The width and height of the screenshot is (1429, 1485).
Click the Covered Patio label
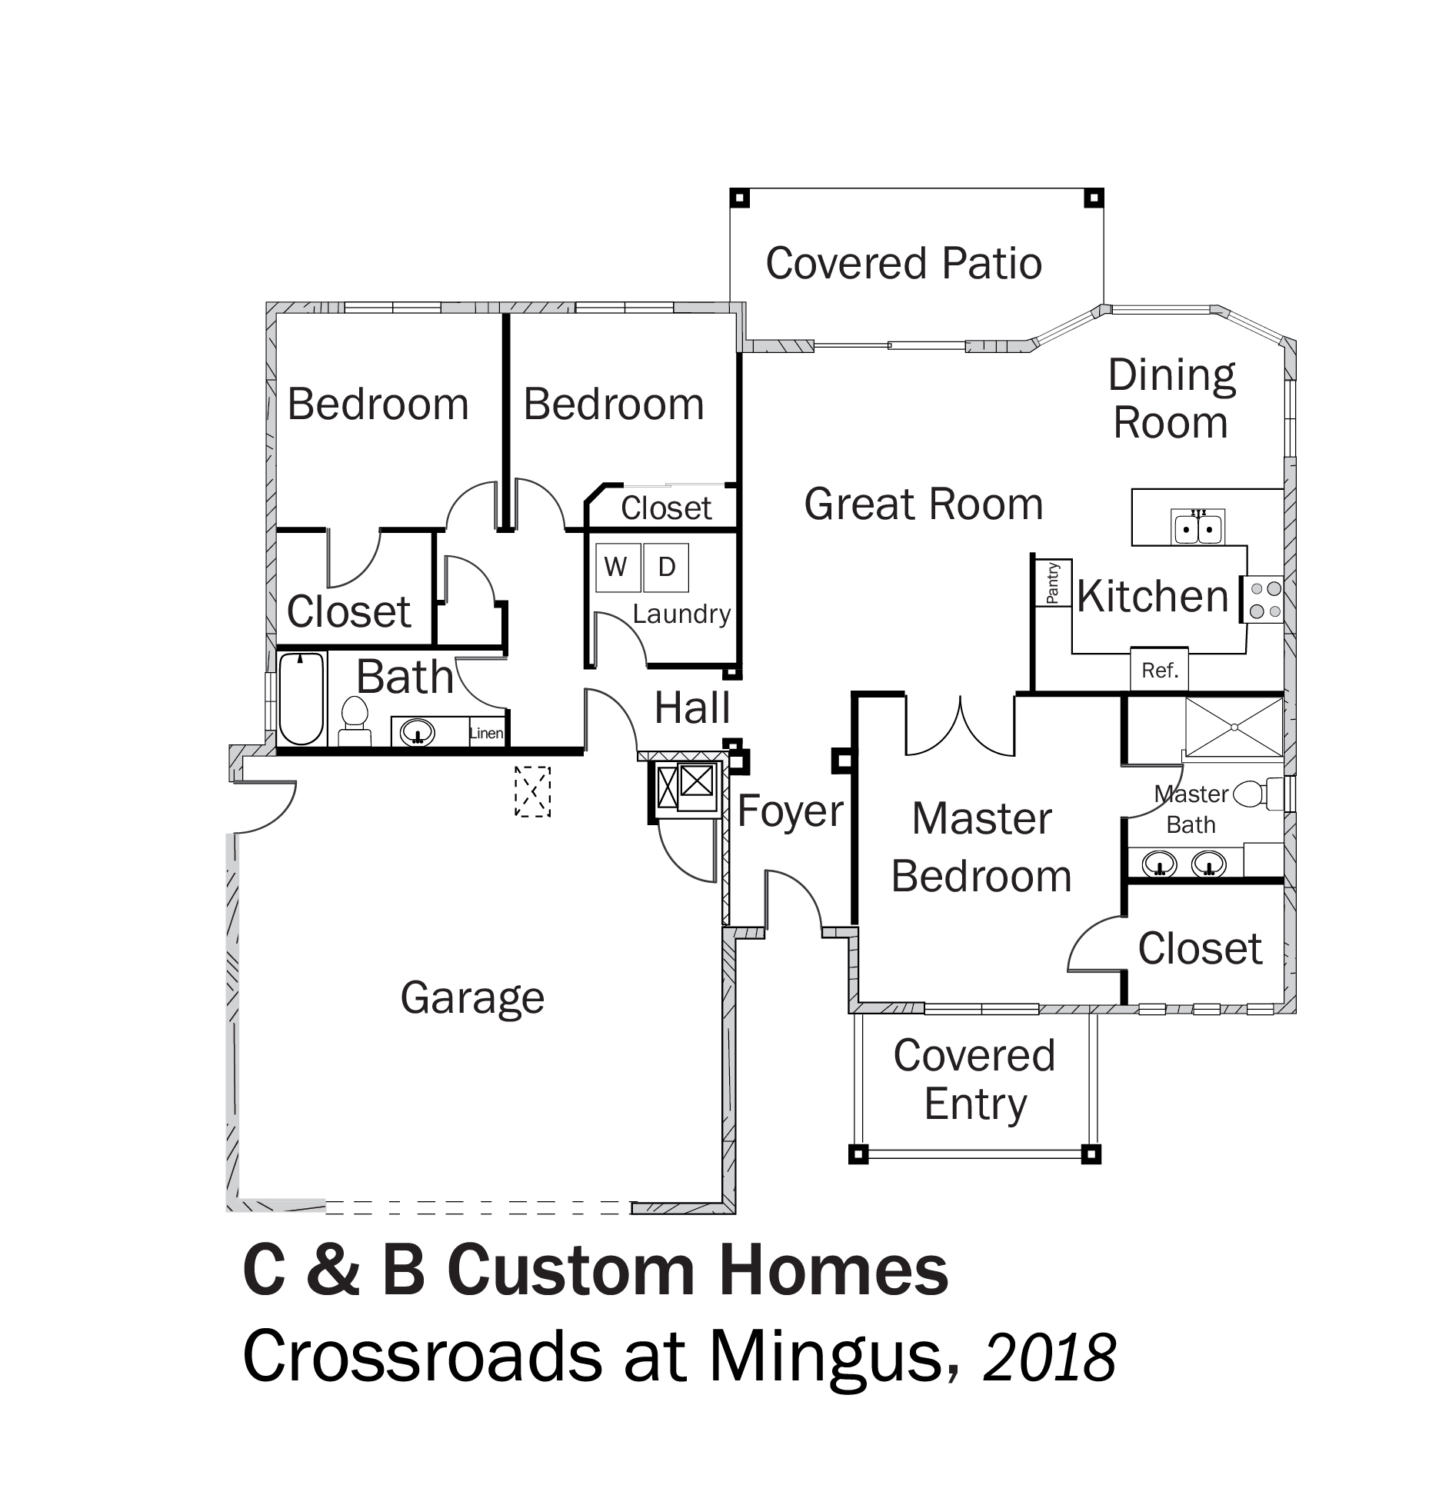point(904,264)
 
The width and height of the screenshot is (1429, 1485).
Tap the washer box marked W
point(616,568)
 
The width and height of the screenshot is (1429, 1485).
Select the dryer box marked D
point(666,568)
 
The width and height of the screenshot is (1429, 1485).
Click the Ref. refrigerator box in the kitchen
point(1160,671)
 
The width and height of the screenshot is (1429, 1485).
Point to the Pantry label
point(1053,582)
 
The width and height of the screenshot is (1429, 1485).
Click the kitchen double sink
point(1198,527)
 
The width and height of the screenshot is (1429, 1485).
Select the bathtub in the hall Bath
point(301,698)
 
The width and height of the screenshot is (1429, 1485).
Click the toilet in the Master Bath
point(1257,794)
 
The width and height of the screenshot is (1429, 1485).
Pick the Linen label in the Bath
point(486,733)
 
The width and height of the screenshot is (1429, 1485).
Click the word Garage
point(472,998)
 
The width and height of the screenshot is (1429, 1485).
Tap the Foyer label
point(791,811)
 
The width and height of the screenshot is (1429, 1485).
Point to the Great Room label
point(923,504)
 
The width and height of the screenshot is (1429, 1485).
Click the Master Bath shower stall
point(1234,727)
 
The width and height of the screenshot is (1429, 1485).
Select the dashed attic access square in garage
point(532,791)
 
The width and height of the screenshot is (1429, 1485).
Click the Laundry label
point(681,614)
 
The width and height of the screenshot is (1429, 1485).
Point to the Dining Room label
point(1171,399)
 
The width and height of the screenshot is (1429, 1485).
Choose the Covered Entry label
point(974,1080)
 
